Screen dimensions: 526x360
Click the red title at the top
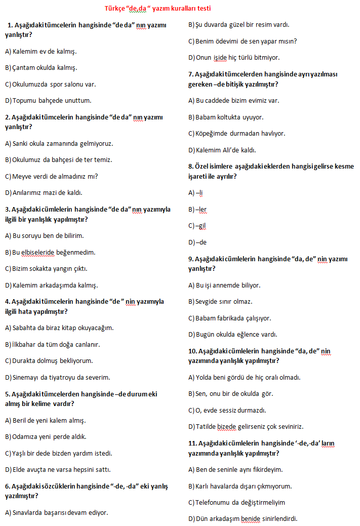click(x=157, y=9)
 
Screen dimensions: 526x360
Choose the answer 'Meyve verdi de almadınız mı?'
click(x=51, y=176)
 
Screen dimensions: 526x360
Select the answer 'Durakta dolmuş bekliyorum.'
click(x=49, y=361)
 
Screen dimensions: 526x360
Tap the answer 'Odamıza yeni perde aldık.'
click(x=46, y=436)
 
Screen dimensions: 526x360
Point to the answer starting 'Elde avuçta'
click(x=58, y=469)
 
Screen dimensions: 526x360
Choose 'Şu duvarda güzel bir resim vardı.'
click(x=246, y=24)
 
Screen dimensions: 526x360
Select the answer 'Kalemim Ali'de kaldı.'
click(x=222, y=150)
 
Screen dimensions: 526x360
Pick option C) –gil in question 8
click(x=197, y=226)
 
